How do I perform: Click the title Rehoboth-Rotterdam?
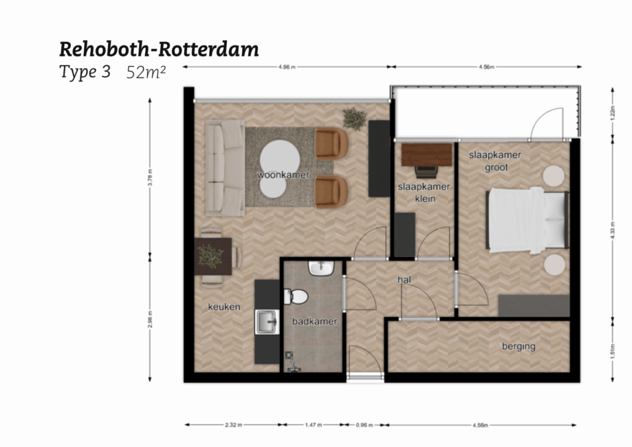click(158, 50)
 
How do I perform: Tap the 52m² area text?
click(146, 73)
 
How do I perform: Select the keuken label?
click(224, 307)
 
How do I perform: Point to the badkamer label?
click(314, 321)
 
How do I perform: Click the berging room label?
click(518, 346)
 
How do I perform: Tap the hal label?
click(404, 280)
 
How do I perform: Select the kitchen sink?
click(266, 320)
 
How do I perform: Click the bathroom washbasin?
click(321, 268)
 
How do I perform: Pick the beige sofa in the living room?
click(225, 167)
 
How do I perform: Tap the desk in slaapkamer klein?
click(426, 153)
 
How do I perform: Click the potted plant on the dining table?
click(210, 256)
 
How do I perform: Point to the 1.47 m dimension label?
click(313, 425)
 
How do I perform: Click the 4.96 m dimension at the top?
click(287, 67)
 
